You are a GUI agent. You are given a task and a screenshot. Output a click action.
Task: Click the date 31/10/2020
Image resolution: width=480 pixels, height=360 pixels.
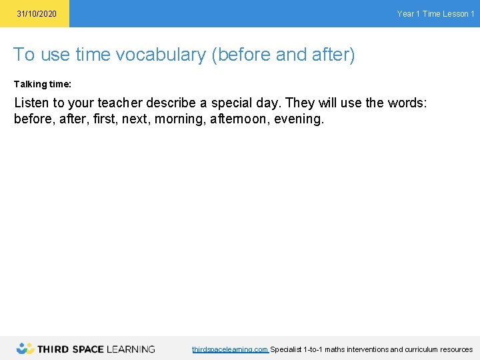click(37, 14)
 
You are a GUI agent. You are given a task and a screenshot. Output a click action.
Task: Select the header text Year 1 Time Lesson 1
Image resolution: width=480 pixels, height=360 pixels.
click(435, 14)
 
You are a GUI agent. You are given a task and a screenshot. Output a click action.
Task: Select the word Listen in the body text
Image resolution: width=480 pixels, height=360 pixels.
click(32, 104)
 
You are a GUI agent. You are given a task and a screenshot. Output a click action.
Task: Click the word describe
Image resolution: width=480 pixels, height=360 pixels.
click(175, 104)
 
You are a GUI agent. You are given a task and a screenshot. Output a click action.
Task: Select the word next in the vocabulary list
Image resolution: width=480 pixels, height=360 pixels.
click(135, 120)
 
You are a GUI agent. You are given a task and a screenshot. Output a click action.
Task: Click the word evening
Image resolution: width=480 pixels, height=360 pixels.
click(299, 120)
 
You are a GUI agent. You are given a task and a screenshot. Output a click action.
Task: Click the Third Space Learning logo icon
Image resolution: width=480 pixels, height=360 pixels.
click(25, 348)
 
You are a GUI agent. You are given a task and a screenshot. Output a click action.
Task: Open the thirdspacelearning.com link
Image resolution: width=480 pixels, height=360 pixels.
click(230, 349)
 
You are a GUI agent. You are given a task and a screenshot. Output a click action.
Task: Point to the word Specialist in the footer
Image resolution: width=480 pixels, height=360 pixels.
click(285, 349)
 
